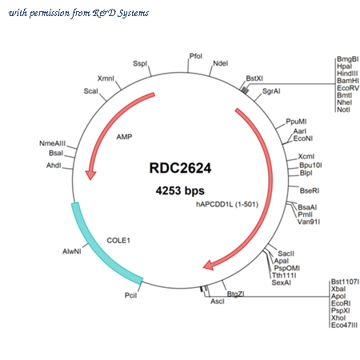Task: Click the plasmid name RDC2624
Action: coord(180,168)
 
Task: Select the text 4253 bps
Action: coord(180,190)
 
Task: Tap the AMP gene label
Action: coord(124,137)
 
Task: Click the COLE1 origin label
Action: coord(118,241)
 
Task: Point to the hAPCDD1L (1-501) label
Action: coord(227,205)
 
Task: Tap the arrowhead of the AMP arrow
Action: coord(90,175)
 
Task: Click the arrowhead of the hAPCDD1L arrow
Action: coord(209,265)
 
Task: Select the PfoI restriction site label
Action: coord(196,56)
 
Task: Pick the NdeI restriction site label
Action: coord(221,63)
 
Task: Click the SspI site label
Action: coord(140,64)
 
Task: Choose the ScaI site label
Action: coord(91,91)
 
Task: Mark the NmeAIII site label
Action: coord(52,143)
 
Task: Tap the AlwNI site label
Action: coord(72,251)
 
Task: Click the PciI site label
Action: coord(130,295)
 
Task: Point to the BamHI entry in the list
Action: coord(348,81)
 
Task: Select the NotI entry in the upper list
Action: coord(343,110)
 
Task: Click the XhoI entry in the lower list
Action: coord(338,318)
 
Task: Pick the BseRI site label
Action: coord(310,190)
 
